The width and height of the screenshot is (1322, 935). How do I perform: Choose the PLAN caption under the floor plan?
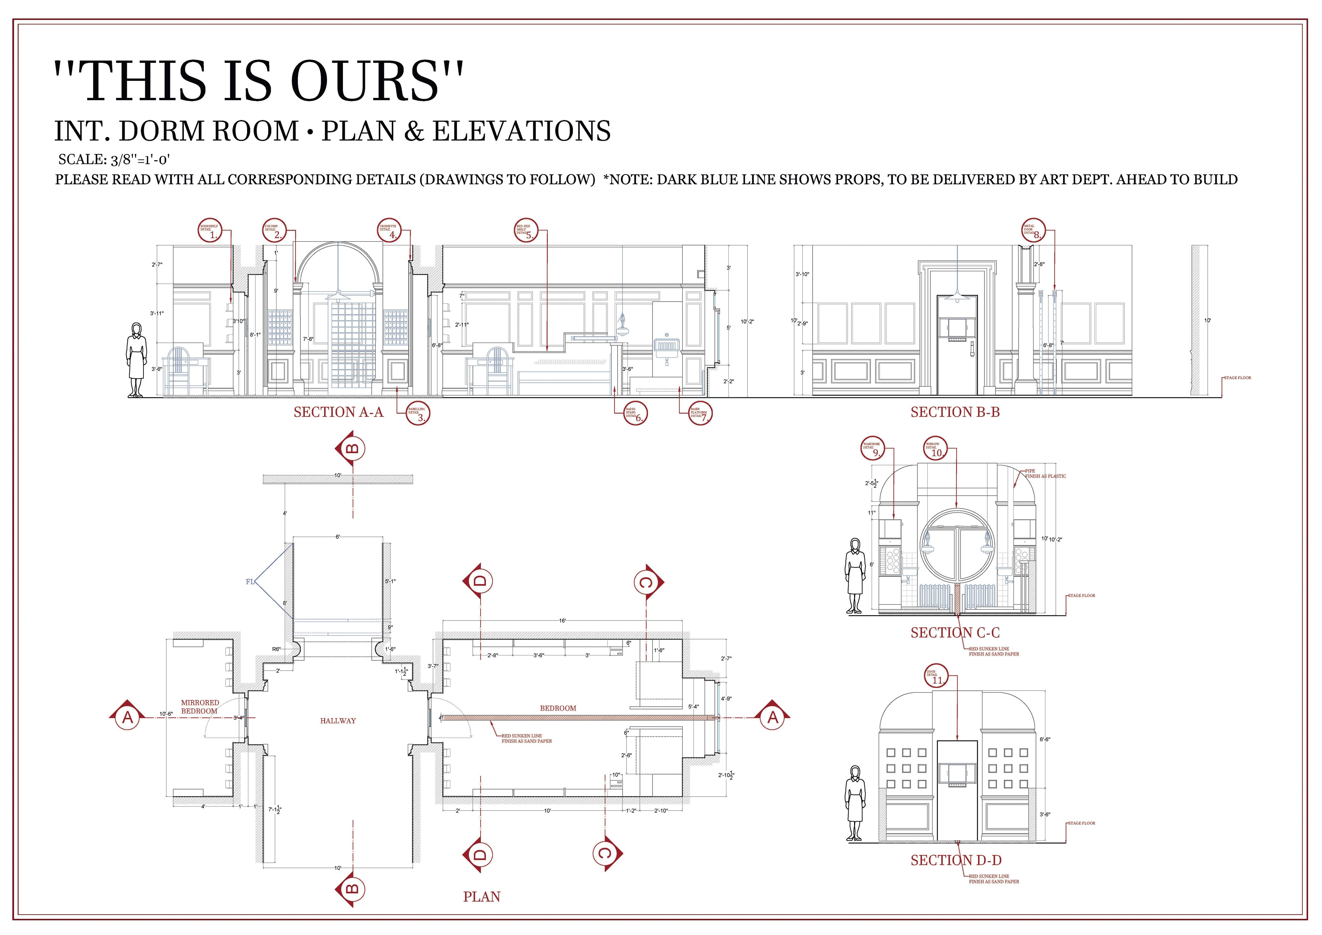tap(481, 896)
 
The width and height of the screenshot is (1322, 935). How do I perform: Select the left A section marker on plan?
tap(127, 717)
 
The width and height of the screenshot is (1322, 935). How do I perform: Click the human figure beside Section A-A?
tap(136, 360)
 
